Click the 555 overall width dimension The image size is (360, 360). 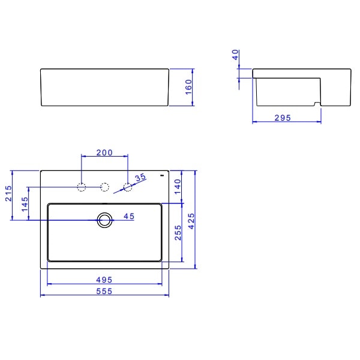tap(104, 291)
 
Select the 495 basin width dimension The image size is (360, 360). tap(104, 280)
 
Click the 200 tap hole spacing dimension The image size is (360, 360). tap(104, 153)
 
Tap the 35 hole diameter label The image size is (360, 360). tap(140, 178)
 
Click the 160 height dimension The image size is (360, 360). tap(188, 88)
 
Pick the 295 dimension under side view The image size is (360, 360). tap(282, 118)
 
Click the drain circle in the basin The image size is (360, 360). tap(105, 220)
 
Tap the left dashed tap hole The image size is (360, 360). tap(82, 187)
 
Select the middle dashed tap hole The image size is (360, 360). tap(104, 187)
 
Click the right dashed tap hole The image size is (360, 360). tap(127, 187)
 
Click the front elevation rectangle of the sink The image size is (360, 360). tap(104, 88)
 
